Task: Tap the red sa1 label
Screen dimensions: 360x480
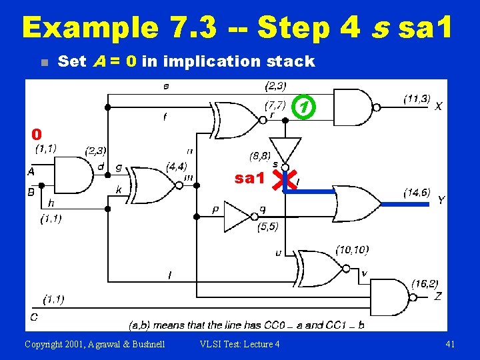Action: pos(250,179)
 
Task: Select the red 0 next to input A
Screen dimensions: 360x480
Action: pos(37,135)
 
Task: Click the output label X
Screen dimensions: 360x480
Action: pos(438,106)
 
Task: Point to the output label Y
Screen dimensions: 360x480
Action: pos(441,200)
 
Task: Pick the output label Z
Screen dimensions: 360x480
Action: pos(437,296)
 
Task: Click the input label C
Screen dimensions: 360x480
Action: pos(33,316)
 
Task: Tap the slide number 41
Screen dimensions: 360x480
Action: pos(449,344)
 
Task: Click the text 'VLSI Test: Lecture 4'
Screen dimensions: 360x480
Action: pos(239,344)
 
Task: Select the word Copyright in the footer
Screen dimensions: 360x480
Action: pos(44,344)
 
